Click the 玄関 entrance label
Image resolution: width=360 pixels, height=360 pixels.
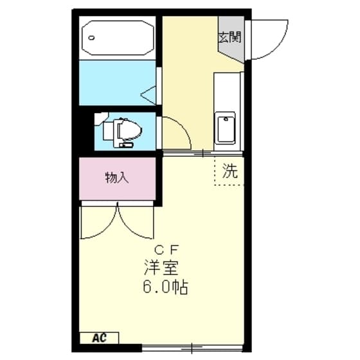point(230,37)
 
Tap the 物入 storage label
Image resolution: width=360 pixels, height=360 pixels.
point(117,178)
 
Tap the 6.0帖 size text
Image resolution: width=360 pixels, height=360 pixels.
point(165,287)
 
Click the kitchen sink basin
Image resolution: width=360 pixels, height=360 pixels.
point(226,127)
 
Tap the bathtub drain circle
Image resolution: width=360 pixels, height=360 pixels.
point(94,37)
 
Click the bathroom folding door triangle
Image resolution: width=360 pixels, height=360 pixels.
point(150,96)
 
